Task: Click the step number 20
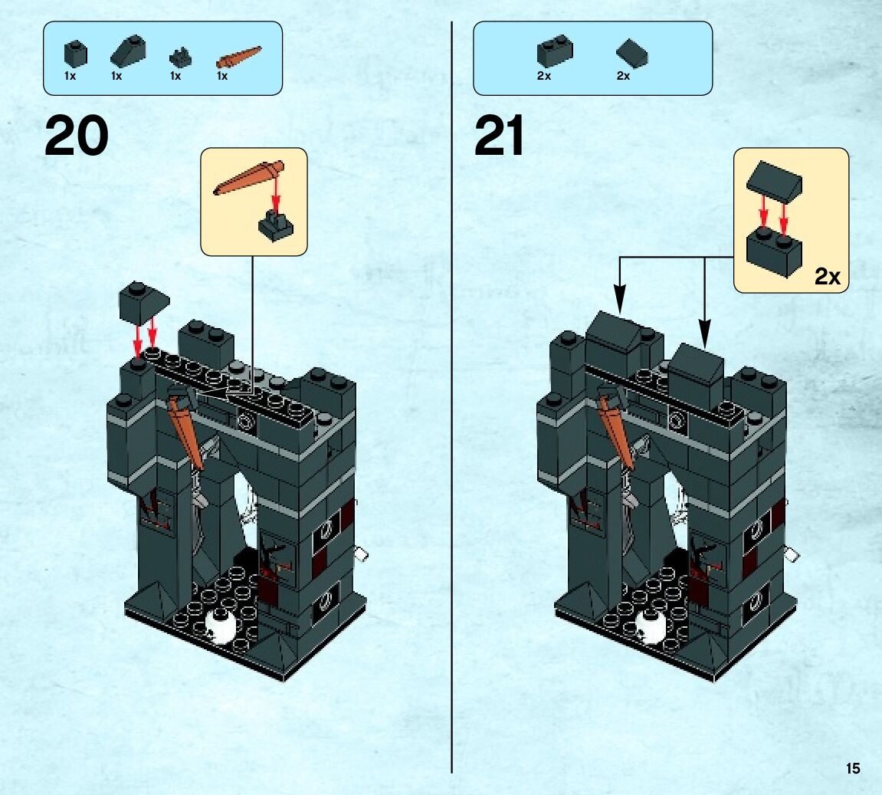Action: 77,136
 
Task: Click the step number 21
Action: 499,136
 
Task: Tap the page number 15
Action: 853,768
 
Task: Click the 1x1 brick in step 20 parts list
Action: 74,54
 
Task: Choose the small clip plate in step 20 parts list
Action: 179,56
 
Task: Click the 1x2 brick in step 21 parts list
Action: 554,51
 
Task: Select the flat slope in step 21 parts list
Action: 631,54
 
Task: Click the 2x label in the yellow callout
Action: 827,277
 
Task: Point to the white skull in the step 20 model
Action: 222,626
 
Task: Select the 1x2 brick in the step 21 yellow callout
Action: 775,249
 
